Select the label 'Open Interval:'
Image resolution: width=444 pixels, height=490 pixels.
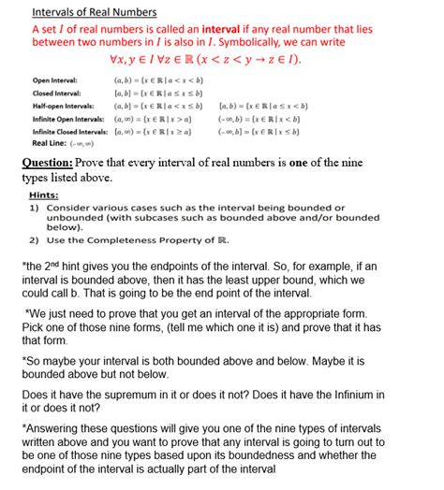[x=54, y=81]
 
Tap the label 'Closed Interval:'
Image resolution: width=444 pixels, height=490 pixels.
[x=56, y=94]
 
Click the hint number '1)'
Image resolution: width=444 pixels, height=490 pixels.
[x=33, y=207]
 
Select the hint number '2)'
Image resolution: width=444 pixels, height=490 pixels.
[x=33, y=238]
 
